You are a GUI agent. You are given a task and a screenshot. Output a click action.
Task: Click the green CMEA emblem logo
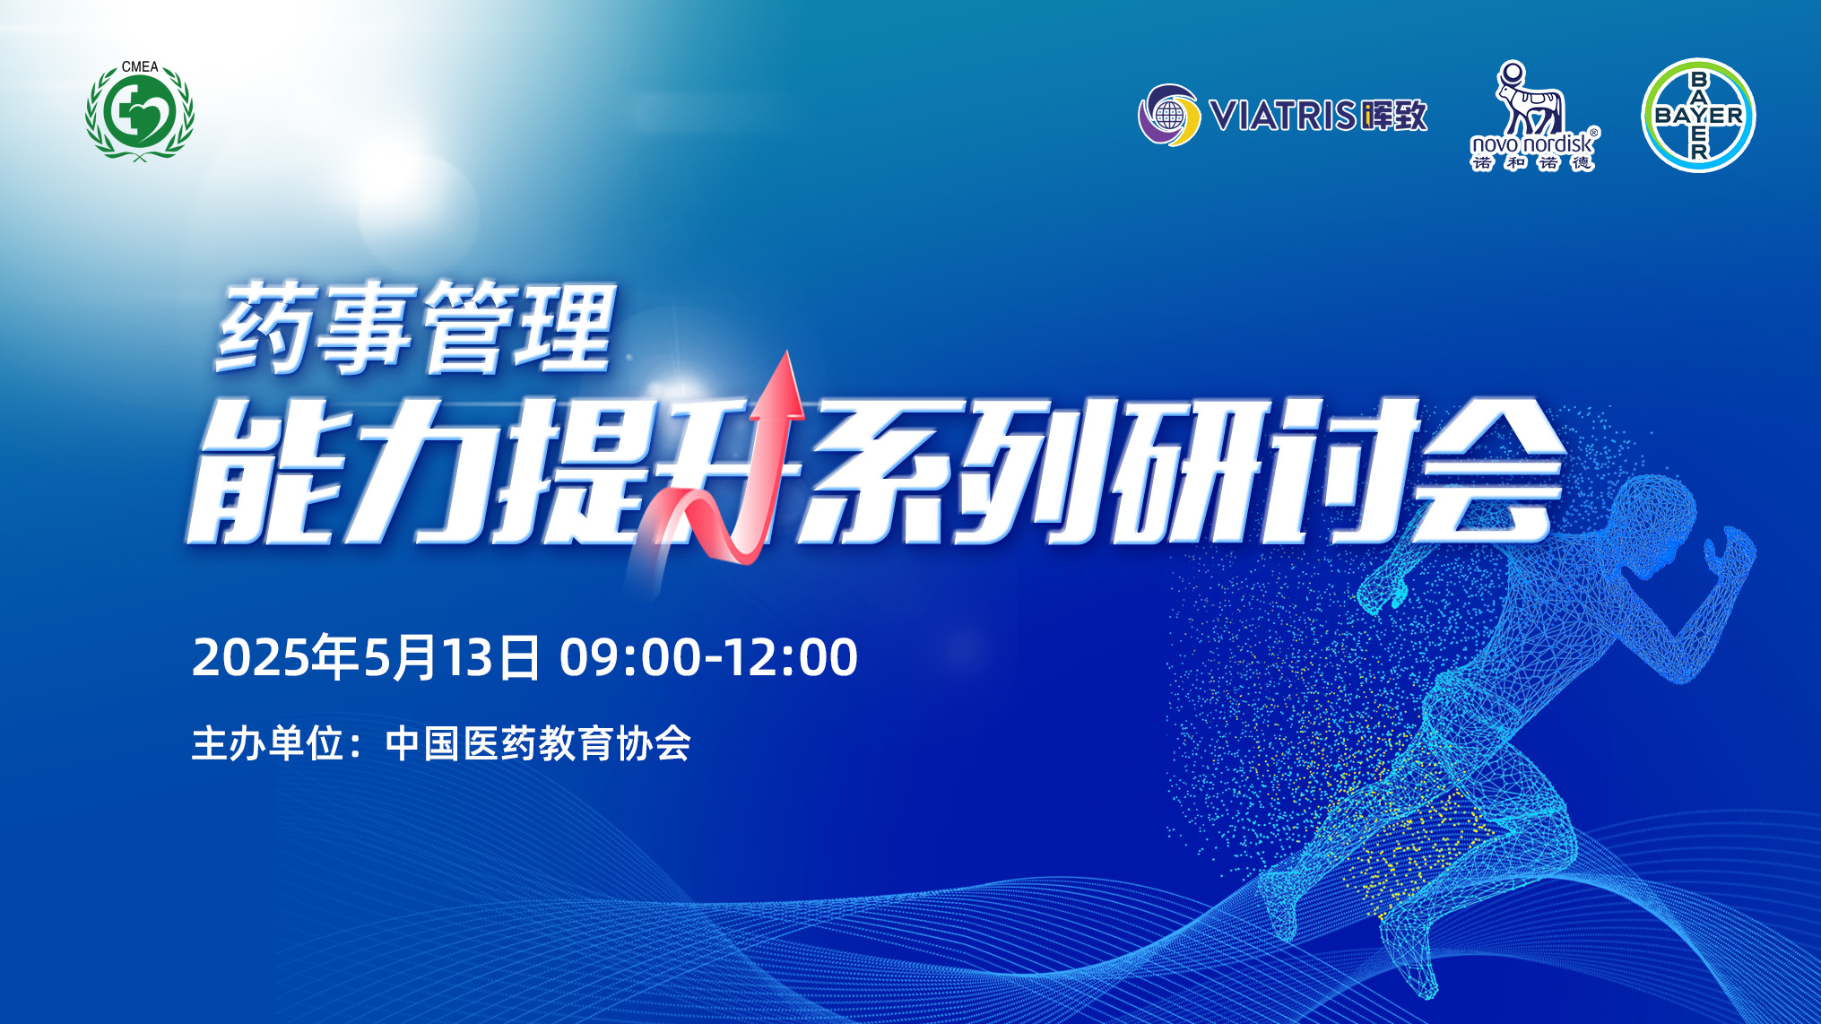[140, 111]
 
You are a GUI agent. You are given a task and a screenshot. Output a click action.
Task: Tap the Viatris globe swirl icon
[1169, 115]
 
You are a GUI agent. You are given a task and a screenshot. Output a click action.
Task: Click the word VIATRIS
[1282, 116]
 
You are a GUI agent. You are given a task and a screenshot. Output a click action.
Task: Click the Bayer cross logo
[1698, 115]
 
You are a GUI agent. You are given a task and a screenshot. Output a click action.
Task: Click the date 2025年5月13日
[366, 657]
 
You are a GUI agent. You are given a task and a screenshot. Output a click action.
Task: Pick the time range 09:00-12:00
[708, 657]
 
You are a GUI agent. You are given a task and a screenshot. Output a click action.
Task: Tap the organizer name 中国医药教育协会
[538, 744]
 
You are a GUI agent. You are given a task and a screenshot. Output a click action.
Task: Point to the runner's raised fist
[1730, 547]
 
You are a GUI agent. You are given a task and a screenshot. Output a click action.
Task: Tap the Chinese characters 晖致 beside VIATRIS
[1393, 116]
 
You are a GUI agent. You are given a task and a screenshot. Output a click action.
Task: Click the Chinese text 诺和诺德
[1532, 162]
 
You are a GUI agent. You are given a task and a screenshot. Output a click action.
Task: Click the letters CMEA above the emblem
[140, 66]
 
